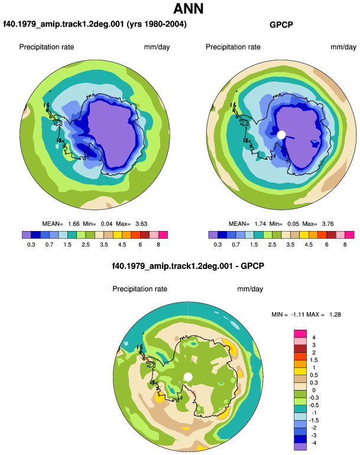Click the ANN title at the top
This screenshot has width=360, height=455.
[x=188, y=8]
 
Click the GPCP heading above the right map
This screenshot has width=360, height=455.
[x=281, y=25]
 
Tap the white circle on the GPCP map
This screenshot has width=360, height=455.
[x=281, y=135]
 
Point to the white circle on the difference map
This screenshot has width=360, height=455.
[x=188, y=377]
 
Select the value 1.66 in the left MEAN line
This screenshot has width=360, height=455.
[x=73, y=224]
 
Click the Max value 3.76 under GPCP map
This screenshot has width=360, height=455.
[x=327, y=224]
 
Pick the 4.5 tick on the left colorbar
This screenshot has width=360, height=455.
[x=122, y=245]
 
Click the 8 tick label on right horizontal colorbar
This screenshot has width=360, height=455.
[x=345, y=245]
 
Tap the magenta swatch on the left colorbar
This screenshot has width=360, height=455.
[x=163, y=235]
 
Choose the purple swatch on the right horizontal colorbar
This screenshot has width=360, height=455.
[x=213, y=235]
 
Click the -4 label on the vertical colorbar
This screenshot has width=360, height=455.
[x=313, y=443]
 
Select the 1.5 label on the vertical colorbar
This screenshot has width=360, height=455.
[x=314, y=360]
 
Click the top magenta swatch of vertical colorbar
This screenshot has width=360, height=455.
[x=300, y=333]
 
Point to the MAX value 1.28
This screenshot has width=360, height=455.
[x=335, y=314]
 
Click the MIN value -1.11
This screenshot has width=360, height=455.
[x=297, y=314]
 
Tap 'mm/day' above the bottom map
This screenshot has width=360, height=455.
[x=250, y=289]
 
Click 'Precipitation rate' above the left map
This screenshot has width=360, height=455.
[x=47, y=47]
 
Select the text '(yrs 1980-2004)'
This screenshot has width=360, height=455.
[x=157, y=24]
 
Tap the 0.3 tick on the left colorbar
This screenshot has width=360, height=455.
[x=31, y=245]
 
